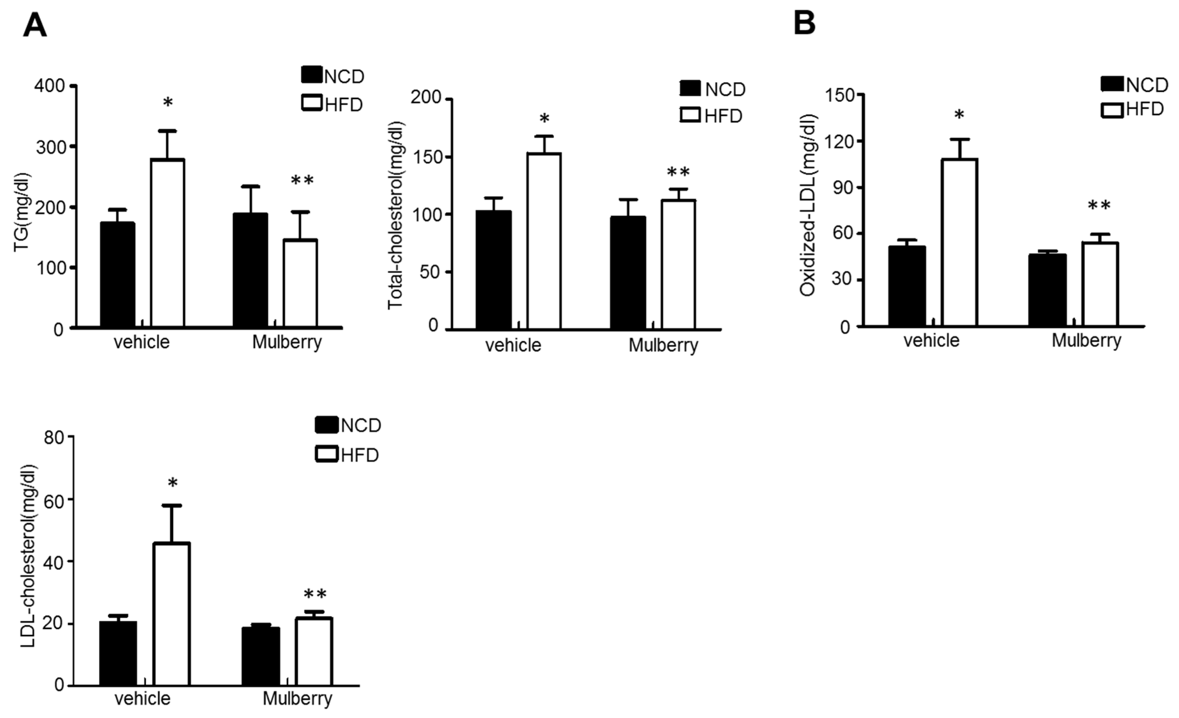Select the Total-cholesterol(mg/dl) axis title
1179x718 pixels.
pos(396,215)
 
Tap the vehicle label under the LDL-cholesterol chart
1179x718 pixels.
pos(143,699)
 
